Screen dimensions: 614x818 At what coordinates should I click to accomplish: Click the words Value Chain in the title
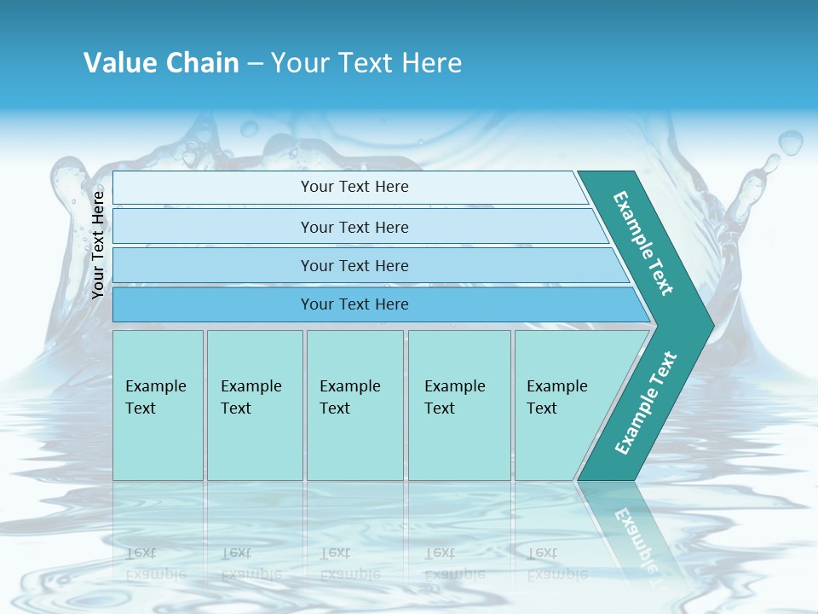tap(161, 62)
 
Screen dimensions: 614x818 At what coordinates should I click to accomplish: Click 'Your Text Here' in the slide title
tap(366, 62)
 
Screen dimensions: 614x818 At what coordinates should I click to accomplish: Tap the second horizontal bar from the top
tap(354, 227)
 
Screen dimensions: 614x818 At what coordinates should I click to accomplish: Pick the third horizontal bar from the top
tap(354, 265)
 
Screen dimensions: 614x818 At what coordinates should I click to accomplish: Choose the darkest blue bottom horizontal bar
tap(354, 304)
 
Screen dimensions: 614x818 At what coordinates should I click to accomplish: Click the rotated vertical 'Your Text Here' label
tap(98, 245)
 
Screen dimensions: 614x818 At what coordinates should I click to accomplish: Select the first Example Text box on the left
tap(158, 405)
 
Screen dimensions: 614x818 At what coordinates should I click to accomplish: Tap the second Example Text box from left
tap(255, 405)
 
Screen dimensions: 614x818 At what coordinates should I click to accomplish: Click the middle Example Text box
tap(354, 405)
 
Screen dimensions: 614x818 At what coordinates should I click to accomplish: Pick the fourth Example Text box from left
tap(459, 405)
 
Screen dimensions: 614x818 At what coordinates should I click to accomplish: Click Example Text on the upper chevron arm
tap(643, 243)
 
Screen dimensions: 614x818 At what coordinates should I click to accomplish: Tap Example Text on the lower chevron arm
tap(646, 403)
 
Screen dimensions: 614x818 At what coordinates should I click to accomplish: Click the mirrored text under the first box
tap(156, 564)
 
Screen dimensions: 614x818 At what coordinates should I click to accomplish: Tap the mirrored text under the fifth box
tap(556, 564)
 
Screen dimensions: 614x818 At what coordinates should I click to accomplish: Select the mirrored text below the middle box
tap(349, 564)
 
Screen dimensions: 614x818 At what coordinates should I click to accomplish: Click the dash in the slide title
tap(255, 64)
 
